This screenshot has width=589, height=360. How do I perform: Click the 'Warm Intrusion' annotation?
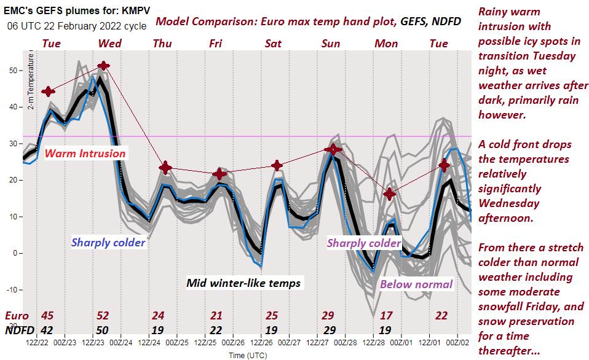[85, 154]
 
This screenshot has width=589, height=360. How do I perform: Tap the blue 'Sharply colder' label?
[108, 243]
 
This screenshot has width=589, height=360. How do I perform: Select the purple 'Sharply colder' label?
[364, 243]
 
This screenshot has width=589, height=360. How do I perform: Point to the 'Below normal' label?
[416, 284]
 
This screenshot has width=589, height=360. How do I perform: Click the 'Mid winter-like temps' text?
[243, 283]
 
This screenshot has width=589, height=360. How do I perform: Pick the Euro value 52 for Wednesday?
[104, 316]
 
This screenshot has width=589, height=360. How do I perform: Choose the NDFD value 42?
[47, 329]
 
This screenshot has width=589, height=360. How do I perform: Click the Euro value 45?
[47, 316]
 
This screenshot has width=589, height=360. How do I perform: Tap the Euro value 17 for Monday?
[387, 316]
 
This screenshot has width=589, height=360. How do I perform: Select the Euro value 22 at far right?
[441, 316]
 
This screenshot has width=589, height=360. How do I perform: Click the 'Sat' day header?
[273, 44]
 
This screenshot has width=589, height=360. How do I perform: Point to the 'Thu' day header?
[162, 44]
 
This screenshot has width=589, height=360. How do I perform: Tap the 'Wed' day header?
[109, 44]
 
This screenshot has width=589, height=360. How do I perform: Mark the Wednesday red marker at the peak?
[104, 66]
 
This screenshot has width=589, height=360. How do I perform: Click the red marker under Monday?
[389, 194]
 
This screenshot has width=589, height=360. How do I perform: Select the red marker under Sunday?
[333, 149]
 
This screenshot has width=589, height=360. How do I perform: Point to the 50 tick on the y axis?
[14, 71]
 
